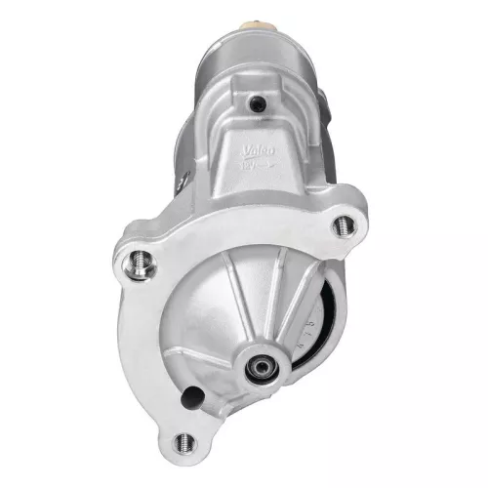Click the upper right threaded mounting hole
coord(344,224)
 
